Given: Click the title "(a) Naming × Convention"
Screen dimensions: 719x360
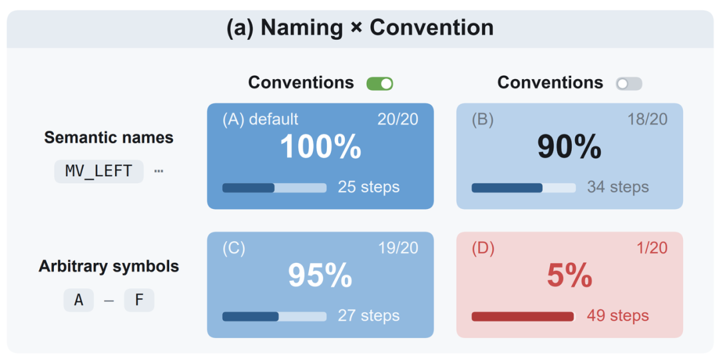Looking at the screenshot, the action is (360, 27).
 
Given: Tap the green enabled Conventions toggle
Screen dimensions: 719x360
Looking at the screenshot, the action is (379, 83).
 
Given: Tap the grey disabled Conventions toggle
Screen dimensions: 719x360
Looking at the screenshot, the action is (628, 83).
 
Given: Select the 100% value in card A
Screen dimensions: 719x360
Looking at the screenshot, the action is (320, 147).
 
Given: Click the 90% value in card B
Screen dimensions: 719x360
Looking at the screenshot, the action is (569, 147).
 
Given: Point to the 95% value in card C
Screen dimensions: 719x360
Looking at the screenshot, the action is (320, 275).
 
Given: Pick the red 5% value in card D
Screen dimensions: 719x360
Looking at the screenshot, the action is (569, 275).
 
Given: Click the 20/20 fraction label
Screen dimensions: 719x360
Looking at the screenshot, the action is (398, 119).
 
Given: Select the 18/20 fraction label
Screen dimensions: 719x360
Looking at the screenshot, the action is (648, 119).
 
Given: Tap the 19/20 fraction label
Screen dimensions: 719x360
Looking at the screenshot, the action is (398, 248).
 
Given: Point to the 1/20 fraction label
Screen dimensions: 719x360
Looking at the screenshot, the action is (652, 248).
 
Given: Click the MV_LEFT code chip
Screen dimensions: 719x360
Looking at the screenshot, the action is (99, 172).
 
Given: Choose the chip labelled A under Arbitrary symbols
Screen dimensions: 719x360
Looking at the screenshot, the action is (79, 300).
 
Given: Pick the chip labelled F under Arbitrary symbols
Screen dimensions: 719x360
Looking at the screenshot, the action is (139, 300).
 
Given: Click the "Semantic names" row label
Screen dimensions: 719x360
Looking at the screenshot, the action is (109, 138).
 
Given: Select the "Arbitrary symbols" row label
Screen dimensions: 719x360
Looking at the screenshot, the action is (109, 266).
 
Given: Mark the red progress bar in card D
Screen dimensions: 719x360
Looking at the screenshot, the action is (523, 317).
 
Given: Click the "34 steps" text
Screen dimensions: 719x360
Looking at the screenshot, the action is (618, 187).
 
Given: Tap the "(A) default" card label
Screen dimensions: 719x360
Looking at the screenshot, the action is (260, 119).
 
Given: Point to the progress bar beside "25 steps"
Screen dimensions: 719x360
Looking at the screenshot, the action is (274, 188).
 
